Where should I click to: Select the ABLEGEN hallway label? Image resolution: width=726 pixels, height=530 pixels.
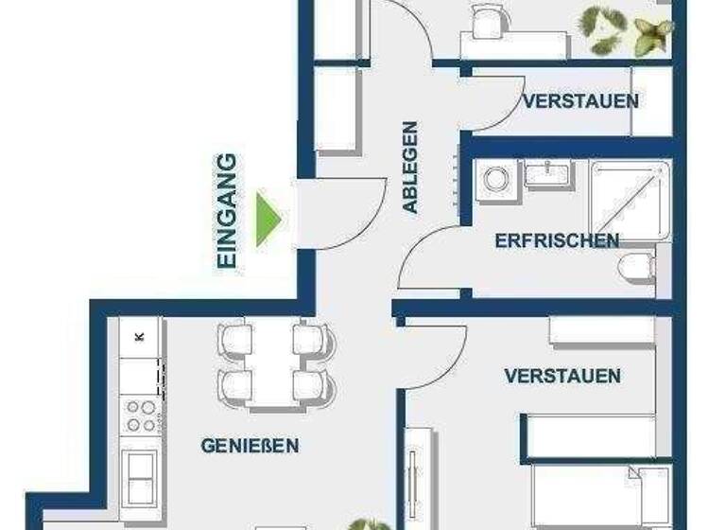[x=409, y=167]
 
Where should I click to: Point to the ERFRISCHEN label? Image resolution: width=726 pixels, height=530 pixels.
[x=557, y=240]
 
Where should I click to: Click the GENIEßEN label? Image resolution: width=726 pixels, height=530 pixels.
[x=250, y=445]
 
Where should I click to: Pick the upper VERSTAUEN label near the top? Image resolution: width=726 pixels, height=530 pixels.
[x=579, y=100]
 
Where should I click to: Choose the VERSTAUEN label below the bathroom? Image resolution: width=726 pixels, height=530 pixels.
[x=562, y=377]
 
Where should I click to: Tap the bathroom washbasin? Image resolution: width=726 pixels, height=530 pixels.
[x=546, y=176]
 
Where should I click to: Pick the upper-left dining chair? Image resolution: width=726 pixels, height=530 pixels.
[x=234, y=339]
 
